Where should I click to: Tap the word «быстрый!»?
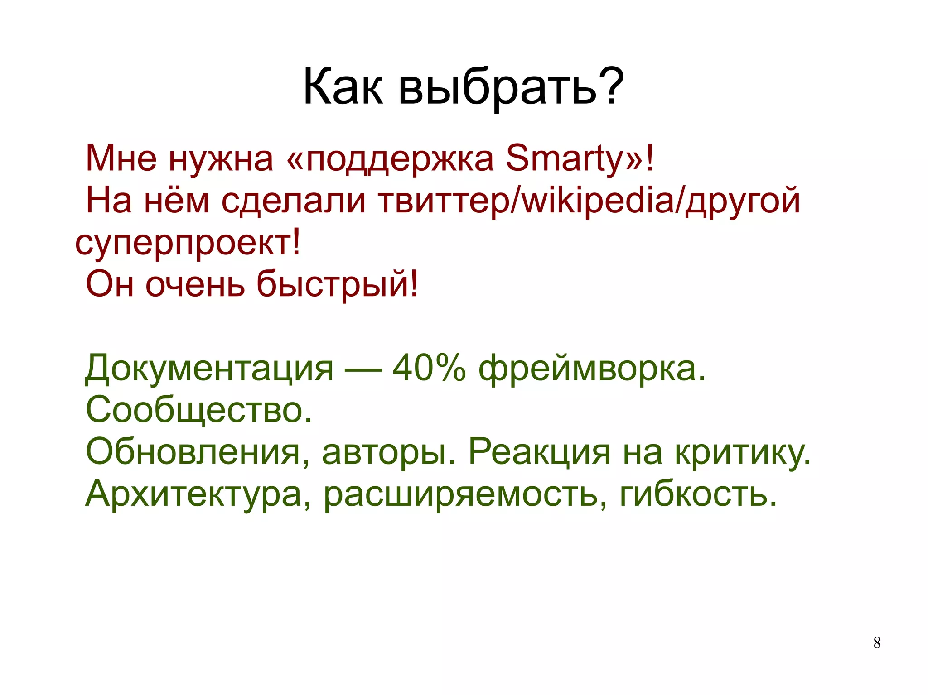click(x=338, y=284)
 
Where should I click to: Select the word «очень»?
click(x=195, y=284)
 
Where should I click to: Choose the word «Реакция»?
click(x=539, y=452)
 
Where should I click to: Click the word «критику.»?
click(x=743, y=452)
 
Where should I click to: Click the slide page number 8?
click(x=877, y=643)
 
